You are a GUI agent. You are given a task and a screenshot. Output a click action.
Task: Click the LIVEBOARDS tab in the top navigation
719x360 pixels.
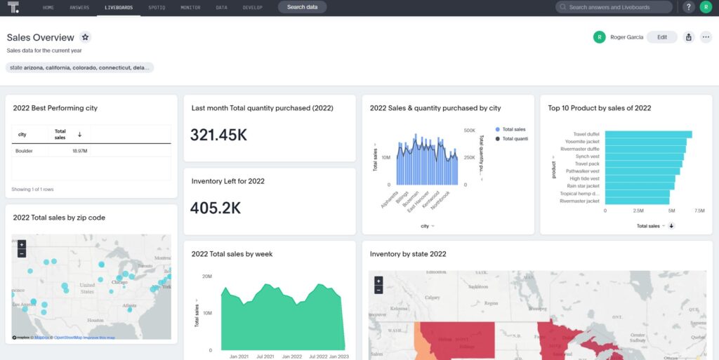118,7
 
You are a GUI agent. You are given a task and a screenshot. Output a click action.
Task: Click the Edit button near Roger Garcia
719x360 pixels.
661,37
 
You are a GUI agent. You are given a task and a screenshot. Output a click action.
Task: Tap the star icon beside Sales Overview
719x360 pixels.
85,37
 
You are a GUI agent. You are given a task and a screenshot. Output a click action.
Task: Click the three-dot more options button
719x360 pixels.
706,37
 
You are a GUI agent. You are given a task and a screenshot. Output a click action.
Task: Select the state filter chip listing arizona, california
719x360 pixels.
80,67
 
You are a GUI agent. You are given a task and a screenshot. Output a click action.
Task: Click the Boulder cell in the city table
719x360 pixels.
25,151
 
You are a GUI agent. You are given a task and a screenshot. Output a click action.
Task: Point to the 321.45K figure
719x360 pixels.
218,135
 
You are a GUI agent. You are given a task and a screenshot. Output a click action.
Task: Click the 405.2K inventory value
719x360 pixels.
216,208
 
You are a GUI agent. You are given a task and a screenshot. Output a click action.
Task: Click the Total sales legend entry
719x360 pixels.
514,129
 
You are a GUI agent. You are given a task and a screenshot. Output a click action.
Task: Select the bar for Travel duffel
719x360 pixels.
648,134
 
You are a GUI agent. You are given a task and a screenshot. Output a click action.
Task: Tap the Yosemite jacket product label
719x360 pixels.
582,141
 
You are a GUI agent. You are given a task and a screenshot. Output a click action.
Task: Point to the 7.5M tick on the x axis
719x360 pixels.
700,210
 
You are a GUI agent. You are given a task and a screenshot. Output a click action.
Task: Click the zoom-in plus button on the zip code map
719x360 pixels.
22,245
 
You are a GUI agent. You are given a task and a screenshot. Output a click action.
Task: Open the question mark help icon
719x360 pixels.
689,7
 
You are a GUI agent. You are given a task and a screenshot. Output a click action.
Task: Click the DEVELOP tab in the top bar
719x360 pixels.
253,7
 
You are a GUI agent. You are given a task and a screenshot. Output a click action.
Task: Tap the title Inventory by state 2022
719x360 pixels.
408,254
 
